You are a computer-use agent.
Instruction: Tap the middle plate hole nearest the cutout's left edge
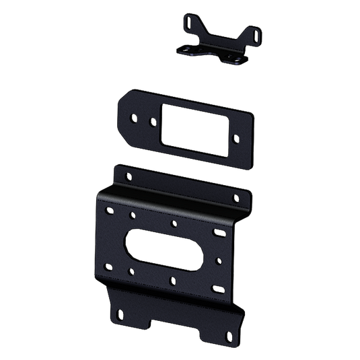click(153, 123)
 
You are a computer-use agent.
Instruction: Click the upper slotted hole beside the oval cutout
click(218, 232)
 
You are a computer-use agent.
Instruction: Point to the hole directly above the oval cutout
click(174, 223)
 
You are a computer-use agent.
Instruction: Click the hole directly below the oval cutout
click(173, 279)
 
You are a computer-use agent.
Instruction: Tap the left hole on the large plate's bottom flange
click(120, 311)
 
